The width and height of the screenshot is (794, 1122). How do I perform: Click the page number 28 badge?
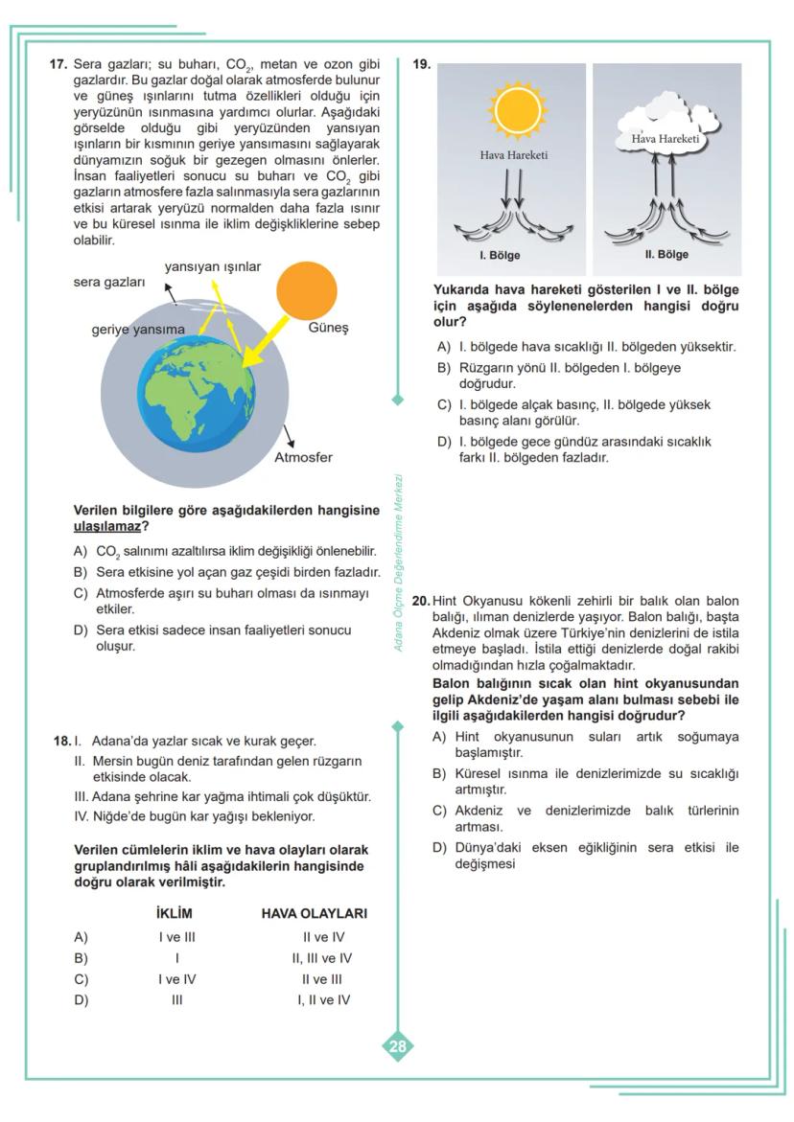tap(397, 1046)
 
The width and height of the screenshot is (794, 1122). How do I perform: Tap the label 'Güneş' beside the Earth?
tap(328, 328)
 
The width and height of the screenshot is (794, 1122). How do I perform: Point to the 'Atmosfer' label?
tap(303, 457)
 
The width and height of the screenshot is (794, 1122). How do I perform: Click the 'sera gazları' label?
tap(109, 283)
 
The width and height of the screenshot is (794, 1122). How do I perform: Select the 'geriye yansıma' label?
tap(138, 329)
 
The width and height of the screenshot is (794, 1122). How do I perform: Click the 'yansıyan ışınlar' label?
tap(212, 266)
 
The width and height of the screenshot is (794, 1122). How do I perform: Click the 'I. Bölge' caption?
tap(500, 256)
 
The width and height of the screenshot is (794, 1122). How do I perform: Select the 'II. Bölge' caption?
tap(666, 255)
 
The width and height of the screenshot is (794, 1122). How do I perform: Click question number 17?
tap(58, 64)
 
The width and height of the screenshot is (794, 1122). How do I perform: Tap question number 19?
tap(422, 64)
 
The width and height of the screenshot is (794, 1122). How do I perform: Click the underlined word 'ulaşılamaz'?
tap(106, 526)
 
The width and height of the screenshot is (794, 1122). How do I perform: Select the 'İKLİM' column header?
tap(176, 913)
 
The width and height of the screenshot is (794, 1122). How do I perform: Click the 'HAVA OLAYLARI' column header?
tap(314, 913)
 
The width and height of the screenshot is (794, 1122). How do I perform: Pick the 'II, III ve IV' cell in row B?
tap(321, 957)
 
